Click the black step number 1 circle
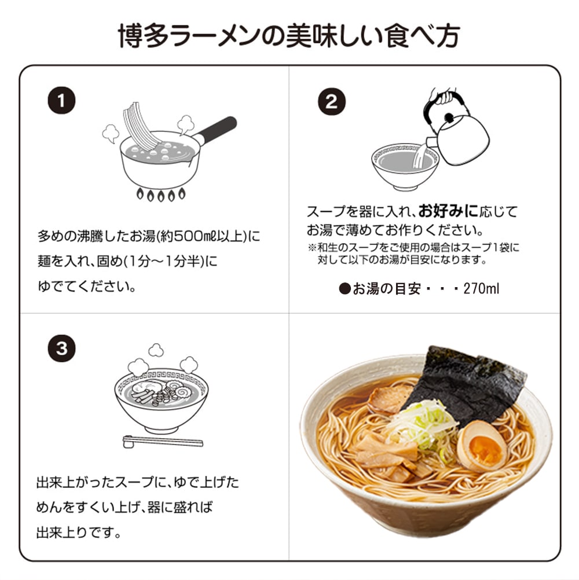pos(61,100)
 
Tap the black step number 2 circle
pos(332,101)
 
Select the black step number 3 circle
pos(61,348)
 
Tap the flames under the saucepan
pos(160,194)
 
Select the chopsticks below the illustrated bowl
pos(163,442)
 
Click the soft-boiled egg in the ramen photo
pos(482,446)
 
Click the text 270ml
pos(481,288)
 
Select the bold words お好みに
pos(448,211)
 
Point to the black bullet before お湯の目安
pos(345,288)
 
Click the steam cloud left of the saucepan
pos(111,134)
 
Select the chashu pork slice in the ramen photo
pos(389,398)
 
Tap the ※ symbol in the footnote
pos(312,247)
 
